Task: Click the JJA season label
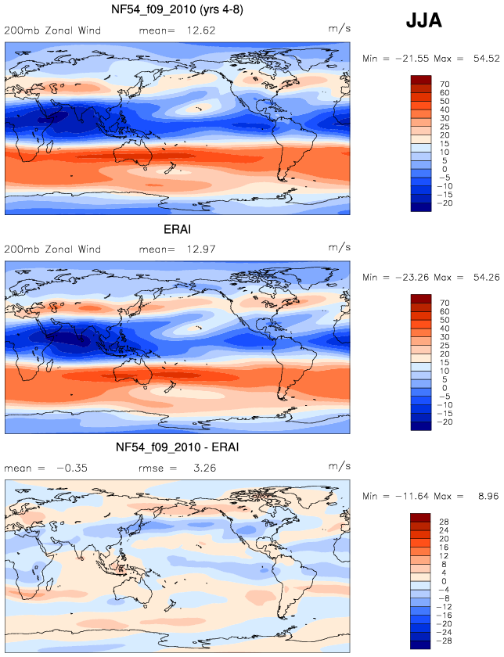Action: point(424,20)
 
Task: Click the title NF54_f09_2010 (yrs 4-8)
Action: point(177,9)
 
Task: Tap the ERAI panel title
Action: point(177,229)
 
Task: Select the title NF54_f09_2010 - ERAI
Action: point(177,447)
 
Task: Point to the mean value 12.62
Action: point(201,31)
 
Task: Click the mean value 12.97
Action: point(201,250)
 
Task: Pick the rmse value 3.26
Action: point(204,468)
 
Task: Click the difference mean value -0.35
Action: point(72,468)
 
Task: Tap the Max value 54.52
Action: point(486,59)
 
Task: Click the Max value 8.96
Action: point(488,496)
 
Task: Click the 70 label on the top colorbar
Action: point(445,84)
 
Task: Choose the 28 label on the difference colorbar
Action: point(444,522)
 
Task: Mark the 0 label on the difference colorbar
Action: point(444,581)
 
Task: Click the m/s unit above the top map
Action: point(339,29)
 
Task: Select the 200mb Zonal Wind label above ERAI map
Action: point(52,250)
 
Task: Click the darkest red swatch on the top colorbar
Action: point(421,80)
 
